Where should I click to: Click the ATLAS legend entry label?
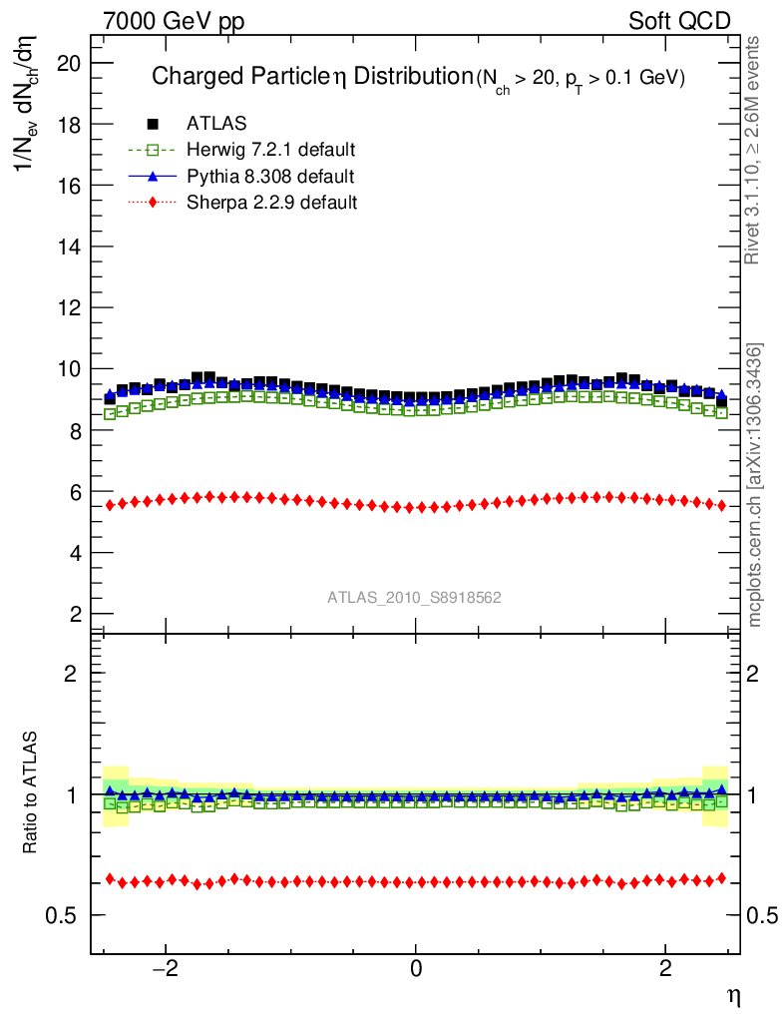point(216,124)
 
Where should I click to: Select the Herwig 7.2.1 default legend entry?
point(270,150)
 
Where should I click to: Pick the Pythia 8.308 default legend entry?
point(269,177)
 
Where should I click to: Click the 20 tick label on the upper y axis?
point(70,63)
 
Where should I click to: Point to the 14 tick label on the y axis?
point(70,247)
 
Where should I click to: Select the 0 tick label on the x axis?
point(415,969)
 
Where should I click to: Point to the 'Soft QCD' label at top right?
point(679,21)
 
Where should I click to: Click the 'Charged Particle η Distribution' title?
point(310,77)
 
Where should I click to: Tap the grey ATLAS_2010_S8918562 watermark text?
point(414,598)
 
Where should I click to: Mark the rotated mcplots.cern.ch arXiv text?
point(756,485)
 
